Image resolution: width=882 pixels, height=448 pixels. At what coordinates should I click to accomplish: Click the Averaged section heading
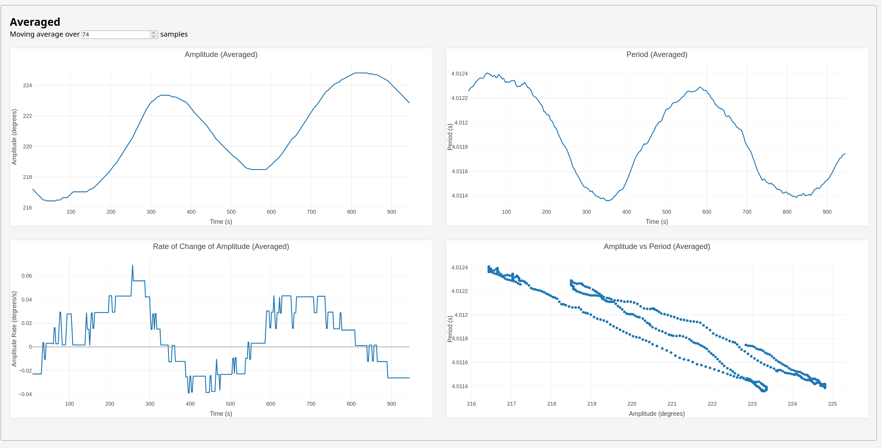[35, 22]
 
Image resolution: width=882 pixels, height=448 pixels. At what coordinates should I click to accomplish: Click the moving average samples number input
[116, 35]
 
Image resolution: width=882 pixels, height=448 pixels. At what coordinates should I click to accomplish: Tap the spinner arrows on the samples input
[154, 35]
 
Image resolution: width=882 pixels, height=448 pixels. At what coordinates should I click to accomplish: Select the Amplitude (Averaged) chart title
[221, 54]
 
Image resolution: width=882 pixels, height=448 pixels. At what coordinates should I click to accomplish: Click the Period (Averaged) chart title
[656, 54]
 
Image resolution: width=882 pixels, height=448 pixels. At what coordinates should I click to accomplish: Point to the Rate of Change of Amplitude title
[221, 246]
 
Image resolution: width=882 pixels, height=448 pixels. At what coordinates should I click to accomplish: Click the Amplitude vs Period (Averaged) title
[656, 246]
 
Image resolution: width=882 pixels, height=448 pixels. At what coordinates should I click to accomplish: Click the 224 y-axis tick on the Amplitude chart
[27, 86]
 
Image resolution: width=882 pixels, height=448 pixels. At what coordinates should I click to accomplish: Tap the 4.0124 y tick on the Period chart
[459, 74]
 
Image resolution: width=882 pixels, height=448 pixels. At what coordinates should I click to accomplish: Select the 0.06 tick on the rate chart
[27, 276]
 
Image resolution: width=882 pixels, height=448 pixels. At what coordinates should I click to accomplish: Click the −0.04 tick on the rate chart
[25, 395]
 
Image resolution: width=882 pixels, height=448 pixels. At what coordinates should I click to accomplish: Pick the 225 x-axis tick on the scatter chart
[832, 404]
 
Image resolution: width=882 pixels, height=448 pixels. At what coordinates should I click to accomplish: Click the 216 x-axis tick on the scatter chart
[471, 404]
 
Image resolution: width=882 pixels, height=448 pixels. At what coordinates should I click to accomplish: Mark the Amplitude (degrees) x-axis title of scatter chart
[656, 414]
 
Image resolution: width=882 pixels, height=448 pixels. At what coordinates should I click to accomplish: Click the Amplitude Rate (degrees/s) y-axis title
[14, 329]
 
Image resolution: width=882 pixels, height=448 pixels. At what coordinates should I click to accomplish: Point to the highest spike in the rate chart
[132, 266]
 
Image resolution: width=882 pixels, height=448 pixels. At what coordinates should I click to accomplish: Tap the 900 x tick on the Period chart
[827, 212]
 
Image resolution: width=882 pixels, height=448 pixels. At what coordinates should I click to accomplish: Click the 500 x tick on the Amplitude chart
[231, 212]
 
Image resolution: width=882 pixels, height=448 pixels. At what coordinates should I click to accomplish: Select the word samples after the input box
[174, 34]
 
